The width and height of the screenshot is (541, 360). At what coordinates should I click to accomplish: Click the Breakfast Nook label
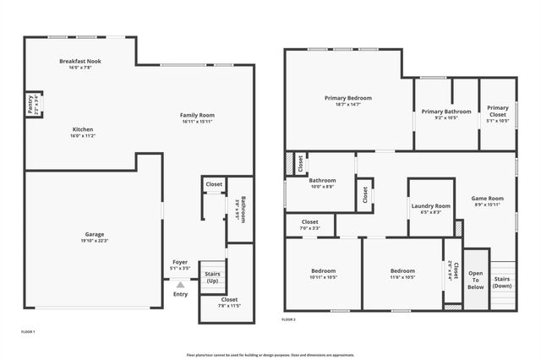[81, 61]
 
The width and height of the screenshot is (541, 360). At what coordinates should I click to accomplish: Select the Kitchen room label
[82, 129]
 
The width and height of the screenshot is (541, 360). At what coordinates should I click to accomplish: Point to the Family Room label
[198, 115]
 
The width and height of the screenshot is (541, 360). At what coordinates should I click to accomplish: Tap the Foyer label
[180, 262]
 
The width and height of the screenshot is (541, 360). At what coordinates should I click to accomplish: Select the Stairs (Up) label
[212, 276]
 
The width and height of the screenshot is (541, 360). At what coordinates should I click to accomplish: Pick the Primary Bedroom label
[348, 98]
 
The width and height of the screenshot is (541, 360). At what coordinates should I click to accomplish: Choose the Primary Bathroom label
[446, 112]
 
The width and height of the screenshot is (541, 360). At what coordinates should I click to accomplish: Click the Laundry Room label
[431, 205]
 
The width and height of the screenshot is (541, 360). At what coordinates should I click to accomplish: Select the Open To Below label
[476, 280]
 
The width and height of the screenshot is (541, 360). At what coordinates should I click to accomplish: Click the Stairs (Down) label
[502, 282]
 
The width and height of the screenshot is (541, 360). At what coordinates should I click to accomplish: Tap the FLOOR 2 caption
[289, 319]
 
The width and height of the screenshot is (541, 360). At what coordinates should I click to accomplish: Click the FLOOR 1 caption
[28, 332]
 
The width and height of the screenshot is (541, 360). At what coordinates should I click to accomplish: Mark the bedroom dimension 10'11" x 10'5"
[324, 277]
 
